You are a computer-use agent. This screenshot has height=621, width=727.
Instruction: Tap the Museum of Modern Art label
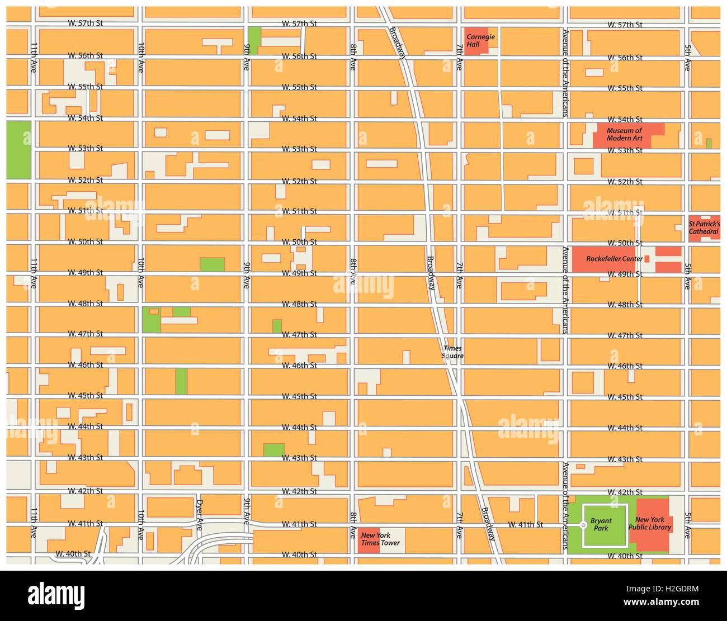624,135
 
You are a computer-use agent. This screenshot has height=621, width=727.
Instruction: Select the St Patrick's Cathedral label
704,227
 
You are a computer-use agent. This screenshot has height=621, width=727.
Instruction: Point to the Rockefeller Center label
614,259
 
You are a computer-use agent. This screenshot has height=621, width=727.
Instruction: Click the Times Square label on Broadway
452,352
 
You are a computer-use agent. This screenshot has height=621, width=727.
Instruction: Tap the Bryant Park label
601,524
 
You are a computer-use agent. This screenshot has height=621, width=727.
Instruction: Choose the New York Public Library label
650,524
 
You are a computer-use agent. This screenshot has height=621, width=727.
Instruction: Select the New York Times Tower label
380,539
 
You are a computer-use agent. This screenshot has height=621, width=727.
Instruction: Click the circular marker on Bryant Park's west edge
583,525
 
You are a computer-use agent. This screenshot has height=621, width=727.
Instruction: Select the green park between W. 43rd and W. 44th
274,449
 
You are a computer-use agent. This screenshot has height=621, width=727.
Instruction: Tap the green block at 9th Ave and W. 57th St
254,40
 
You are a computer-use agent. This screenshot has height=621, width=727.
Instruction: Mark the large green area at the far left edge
18,149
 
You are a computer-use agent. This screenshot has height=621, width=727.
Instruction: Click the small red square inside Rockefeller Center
647,259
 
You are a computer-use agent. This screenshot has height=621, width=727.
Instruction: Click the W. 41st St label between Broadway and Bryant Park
525,525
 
